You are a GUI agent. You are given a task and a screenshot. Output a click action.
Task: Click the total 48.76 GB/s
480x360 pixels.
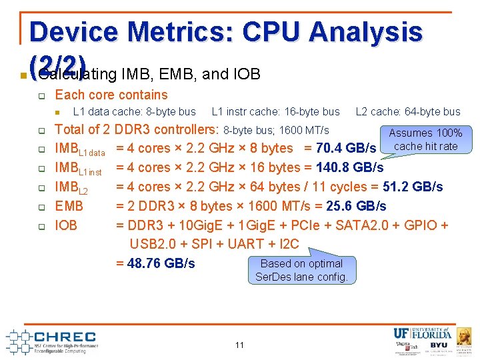(156, 263)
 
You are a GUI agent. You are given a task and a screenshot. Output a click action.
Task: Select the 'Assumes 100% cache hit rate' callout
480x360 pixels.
(425, 140)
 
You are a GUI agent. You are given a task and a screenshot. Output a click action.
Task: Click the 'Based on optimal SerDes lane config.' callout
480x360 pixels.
(301, 270)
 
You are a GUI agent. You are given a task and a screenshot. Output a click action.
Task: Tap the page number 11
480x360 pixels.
(239, 345)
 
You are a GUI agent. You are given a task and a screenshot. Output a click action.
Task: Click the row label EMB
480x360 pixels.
(69, 206)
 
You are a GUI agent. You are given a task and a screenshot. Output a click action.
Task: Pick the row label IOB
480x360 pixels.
(66, 225)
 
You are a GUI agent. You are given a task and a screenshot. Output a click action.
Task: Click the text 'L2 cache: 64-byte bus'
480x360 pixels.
(408, 111)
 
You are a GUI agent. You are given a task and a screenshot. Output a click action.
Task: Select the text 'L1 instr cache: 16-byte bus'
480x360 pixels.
(275, 111)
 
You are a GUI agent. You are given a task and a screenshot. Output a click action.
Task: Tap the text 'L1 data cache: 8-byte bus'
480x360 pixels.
(134, 111)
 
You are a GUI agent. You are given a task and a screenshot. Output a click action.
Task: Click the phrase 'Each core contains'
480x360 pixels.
(111, 95)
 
